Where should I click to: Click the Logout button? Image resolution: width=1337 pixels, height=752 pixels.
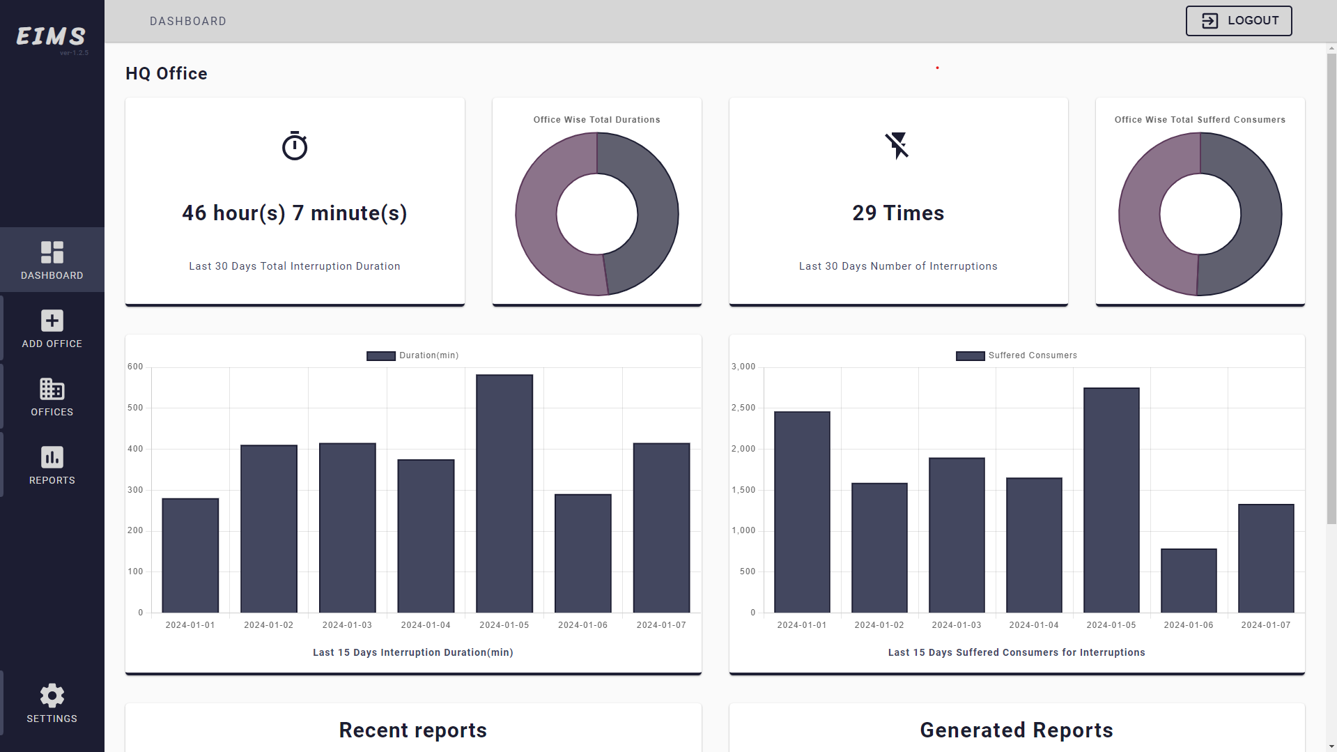click(x=1238, y=21)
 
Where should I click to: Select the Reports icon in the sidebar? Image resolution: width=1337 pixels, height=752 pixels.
click(x=52, y=458)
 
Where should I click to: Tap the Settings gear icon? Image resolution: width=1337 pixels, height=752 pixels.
click(x=52, y=696)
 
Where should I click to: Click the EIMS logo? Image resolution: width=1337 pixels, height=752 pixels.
click(x=52, y=36)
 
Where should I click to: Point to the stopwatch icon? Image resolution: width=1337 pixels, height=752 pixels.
click(x=295, y=146)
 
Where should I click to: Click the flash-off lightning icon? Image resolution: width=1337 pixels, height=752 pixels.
click(x=897, y=145)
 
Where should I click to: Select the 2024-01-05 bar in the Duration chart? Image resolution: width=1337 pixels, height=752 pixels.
click(x=504, y=493)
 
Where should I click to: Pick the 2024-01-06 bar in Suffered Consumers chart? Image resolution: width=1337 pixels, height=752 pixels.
click(x=1189, y=581)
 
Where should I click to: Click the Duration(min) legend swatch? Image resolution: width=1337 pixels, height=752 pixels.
click(x=380, y=356)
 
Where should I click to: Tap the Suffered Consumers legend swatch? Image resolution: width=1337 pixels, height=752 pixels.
click(x=970, y=356)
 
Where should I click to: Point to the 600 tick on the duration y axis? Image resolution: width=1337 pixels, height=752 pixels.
click(x=135, y=367)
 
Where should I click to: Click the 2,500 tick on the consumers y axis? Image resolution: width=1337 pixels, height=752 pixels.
click(x=743, y=408)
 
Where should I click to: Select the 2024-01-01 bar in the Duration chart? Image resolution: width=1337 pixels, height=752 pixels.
click(x=190, y=555)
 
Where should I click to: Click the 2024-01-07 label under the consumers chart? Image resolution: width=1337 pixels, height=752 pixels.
click(x=1265, y=625)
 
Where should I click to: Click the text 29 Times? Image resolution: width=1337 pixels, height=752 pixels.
click(x=898, y=213)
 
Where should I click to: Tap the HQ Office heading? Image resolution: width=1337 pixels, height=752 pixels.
click(x=167, y=74)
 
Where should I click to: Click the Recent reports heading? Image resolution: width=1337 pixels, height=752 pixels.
click(x=412, y=730)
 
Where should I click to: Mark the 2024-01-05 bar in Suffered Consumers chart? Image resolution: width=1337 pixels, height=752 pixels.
click(x=1111, y=500)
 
